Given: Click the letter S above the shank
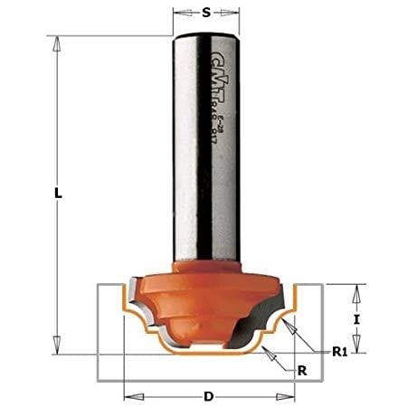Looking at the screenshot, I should point(207,14).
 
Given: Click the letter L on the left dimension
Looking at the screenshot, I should point(56,193).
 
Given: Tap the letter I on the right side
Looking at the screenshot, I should point(358,319).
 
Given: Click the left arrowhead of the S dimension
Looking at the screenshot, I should point(177,14).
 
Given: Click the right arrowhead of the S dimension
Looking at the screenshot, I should point(236,14).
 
